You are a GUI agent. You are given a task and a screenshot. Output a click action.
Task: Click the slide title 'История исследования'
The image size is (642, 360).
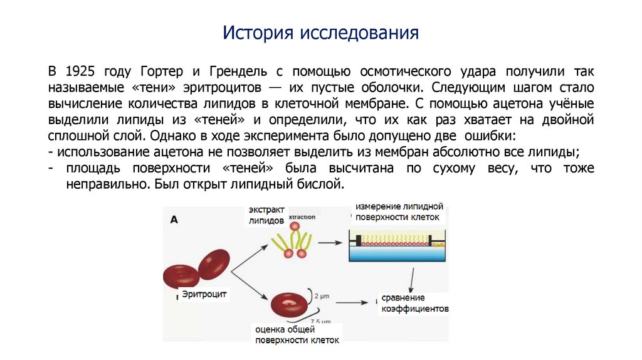pyautogui.click(x=320, y=32)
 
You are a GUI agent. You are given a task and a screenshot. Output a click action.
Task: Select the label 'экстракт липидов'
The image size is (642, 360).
pyautogui.click(x=266, y=214)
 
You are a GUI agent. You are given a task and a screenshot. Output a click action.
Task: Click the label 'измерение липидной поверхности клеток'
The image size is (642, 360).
pyautogui.click(x=399, y=212)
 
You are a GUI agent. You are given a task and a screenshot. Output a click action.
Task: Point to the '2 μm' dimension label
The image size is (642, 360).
pyautogui.click(x=321, y=295)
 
